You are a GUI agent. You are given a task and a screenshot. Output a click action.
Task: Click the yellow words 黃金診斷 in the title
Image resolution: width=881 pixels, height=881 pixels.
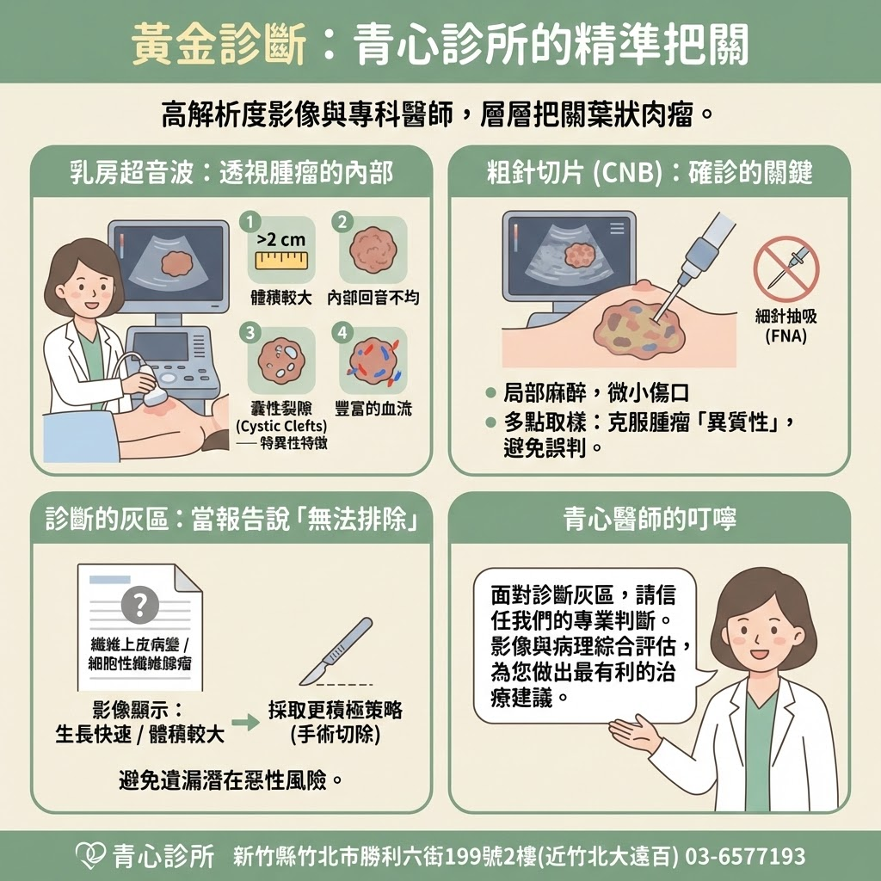tap(219, 43)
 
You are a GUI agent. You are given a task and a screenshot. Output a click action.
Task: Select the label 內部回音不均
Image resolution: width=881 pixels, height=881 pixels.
tap(373, 299)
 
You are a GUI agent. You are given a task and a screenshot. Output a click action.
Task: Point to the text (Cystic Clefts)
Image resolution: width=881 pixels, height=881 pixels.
tap(281, 426)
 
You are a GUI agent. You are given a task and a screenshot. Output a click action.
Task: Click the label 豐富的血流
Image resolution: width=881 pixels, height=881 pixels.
tap(373, 409)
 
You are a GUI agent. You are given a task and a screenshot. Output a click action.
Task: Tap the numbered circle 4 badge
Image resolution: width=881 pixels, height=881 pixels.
tap(343, 332)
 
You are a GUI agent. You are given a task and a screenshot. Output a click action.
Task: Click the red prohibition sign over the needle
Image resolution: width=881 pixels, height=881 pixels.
tap(786, 268)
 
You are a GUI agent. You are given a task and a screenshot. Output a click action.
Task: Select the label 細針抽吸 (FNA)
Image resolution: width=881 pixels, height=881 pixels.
tap(786, 326)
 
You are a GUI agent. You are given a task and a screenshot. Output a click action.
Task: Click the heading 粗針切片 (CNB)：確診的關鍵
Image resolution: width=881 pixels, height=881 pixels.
tap(650, 174)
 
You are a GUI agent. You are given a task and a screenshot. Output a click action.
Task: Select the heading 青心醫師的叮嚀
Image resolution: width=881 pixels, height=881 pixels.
tap(650, 519)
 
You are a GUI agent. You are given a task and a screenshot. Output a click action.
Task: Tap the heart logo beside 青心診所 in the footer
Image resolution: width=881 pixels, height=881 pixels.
tap(90, 855)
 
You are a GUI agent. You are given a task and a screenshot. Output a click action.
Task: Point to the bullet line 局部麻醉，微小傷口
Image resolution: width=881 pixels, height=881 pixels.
tap(596, 394)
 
